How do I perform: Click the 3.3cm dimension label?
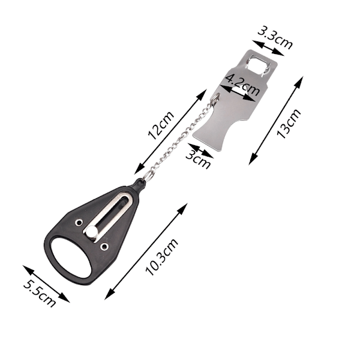click(x=275, y=38)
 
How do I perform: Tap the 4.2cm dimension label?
click(x=242, y=85)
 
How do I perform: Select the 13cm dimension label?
click(x=289, y=124)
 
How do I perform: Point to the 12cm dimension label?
click(x=161, y=125)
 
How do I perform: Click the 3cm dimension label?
click(x=198, y=160)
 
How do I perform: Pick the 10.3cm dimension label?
click(x=161, y=257)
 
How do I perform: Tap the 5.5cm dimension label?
click(x=40, y=294)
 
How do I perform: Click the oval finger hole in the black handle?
click(x=71, y=257)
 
